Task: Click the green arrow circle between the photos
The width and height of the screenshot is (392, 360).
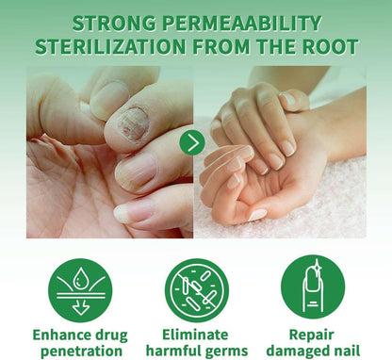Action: coord(193,143)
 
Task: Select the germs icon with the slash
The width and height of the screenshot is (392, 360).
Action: coord(196,287)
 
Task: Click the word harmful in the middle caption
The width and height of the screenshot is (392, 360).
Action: coord(172,351)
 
